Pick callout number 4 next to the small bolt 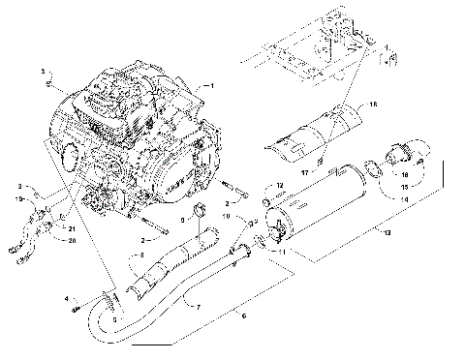coord(66,298)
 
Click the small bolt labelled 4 coord(77,308)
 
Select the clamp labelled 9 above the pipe coord(201,213)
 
